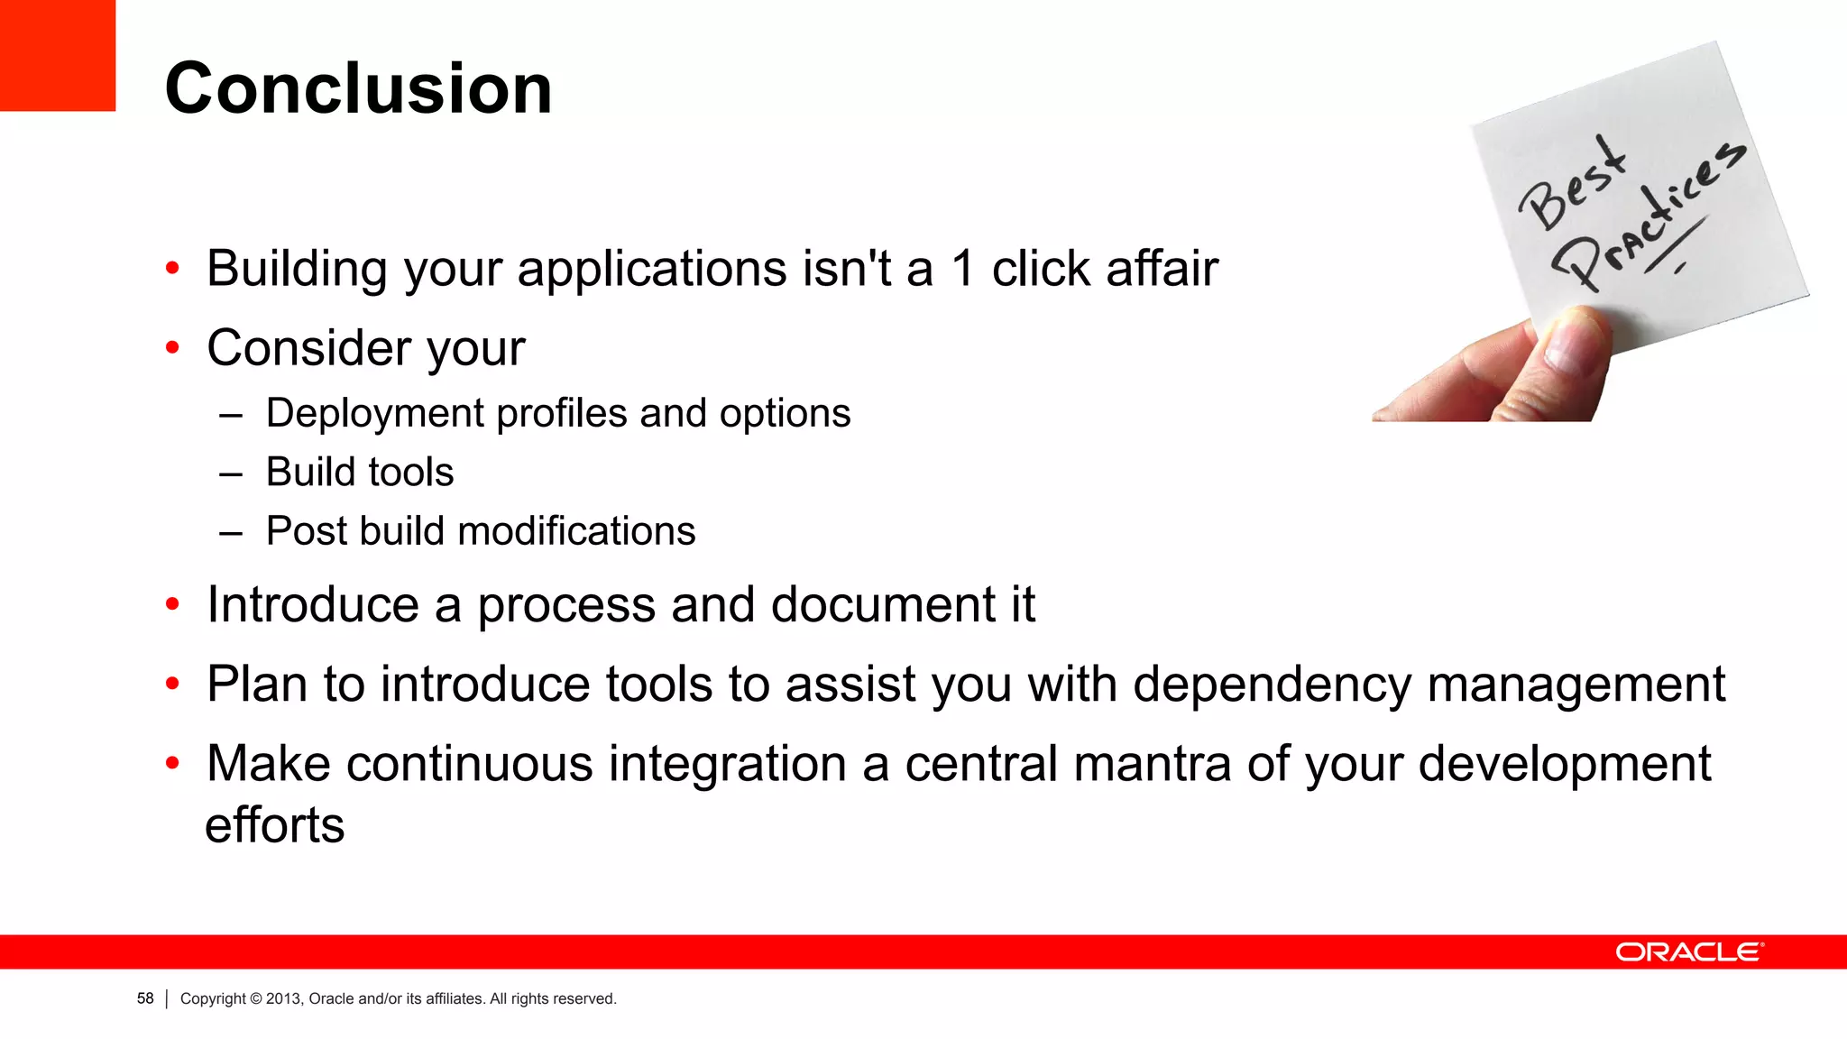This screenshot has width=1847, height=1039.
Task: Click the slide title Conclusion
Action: [x=358, y=88]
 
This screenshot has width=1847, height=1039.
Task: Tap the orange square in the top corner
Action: [x=57, y=54]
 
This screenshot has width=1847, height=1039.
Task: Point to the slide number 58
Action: [x=145, y=998]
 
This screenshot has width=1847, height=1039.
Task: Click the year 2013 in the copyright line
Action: [x=282, y=998]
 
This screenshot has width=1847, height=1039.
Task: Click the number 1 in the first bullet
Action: [x=962, y=269]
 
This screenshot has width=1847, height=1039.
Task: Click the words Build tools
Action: [x=359, y=473]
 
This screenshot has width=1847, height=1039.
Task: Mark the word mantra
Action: [x=1153, y=764]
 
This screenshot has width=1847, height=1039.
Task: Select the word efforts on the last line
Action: [x=275, y=825]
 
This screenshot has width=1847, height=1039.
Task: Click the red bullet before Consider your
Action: [x=173, y=347]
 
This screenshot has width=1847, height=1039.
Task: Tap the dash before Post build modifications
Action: [x=231, y=532]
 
